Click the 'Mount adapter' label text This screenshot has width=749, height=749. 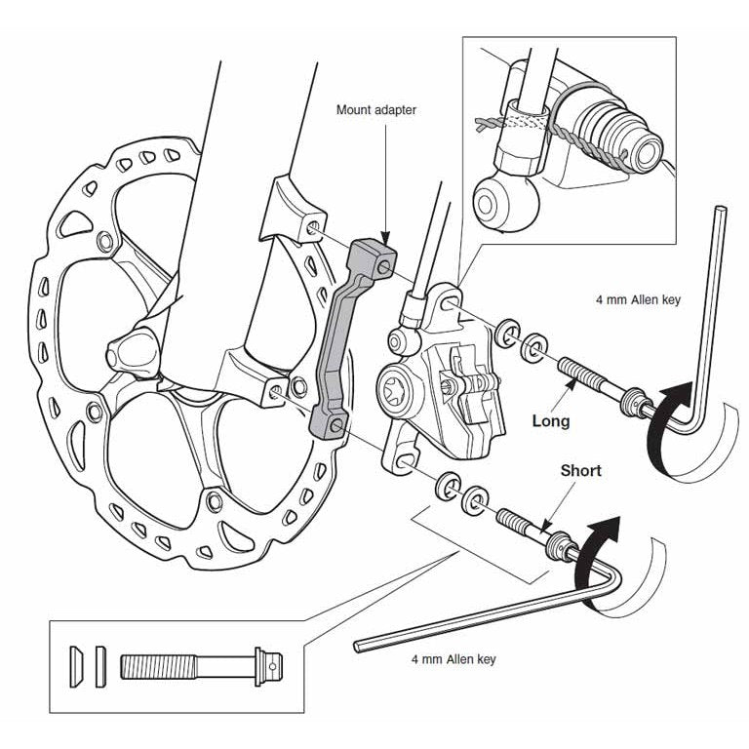376,110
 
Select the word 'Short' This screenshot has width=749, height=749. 580,470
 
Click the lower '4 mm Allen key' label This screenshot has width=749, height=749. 453,659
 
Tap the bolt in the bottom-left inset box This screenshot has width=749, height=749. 195,665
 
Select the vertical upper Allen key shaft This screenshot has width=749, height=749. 719,293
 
